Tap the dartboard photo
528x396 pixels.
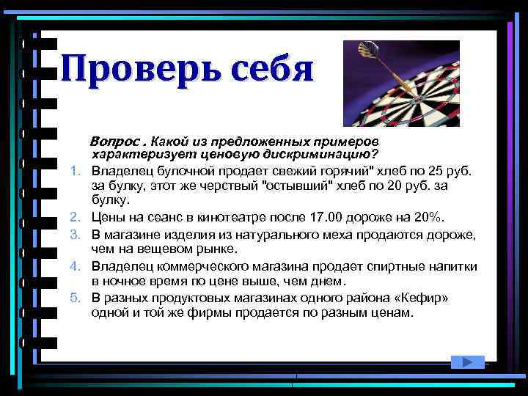(x=401, y=84)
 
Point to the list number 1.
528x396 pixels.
(x=76, y=171)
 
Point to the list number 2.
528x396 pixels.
(x=76, y=217)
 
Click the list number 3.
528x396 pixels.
(x=76, y=233)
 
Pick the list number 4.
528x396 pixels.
(x=76, y=265)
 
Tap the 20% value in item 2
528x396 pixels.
(x=427, y=217)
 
